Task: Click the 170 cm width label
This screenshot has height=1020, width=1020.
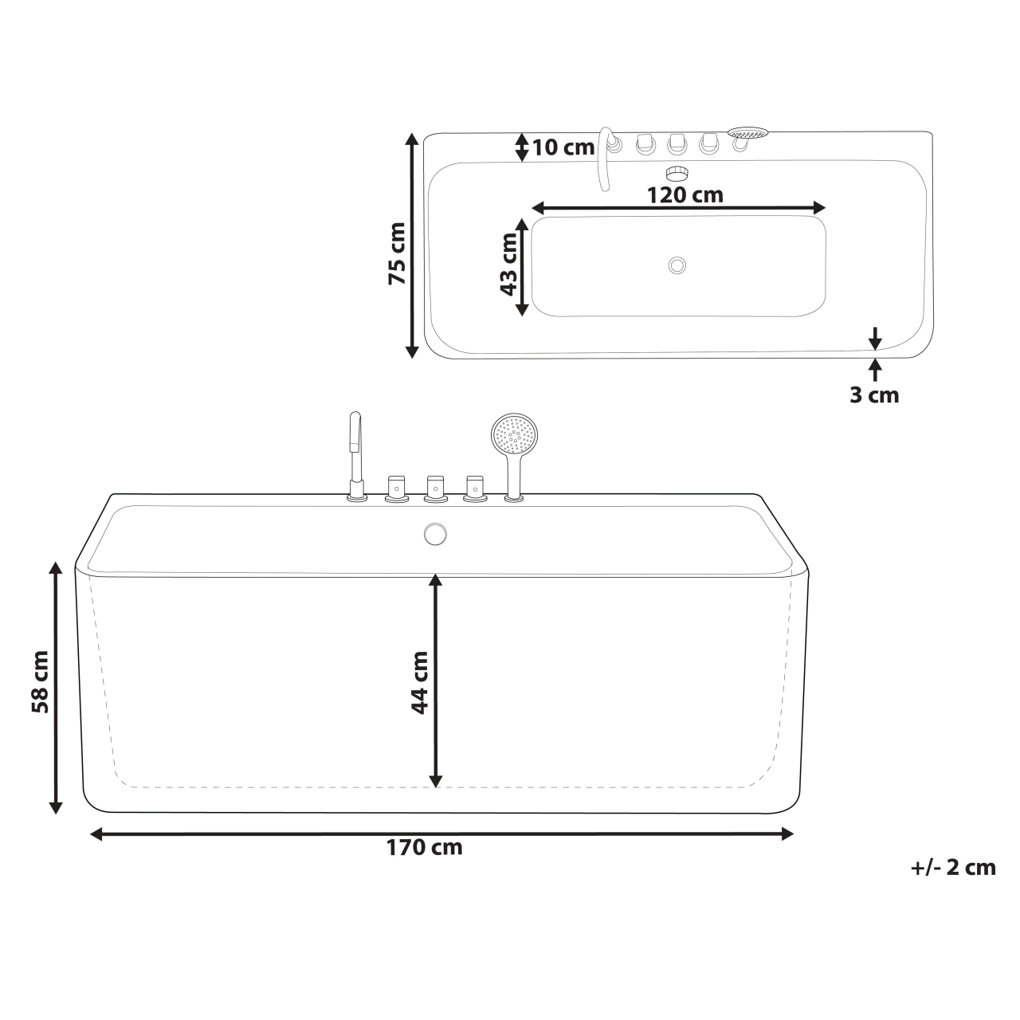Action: click(425, 847)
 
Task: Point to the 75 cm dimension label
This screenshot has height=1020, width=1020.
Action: click(396, 253)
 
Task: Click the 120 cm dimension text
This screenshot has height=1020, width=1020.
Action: click(685, 194)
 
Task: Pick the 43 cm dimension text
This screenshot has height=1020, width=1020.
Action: click(508, 265)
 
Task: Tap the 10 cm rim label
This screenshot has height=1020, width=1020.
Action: click(563, 147)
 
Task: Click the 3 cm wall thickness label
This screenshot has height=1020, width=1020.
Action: click(873, 394)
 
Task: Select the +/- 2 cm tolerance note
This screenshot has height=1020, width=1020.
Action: click(953, 867)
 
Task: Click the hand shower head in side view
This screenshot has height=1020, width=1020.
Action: click(514, 435)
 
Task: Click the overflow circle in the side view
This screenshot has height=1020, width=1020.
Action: click(435, 534)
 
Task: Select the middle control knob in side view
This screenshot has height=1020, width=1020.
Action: click(434, 487)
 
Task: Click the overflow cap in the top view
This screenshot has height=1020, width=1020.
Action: click(677, 171)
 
